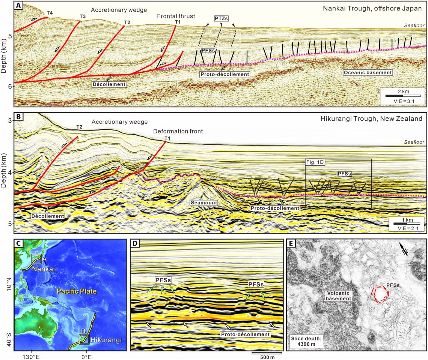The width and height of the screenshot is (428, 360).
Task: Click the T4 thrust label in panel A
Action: [49, 13]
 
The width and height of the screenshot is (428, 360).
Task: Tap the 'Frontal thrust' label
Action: [173, 16]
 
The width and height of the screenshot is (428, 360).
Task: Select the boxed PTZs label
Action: [221, 18]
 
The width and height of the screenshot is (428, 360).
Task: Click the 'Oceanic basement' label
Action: [363, 72]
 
